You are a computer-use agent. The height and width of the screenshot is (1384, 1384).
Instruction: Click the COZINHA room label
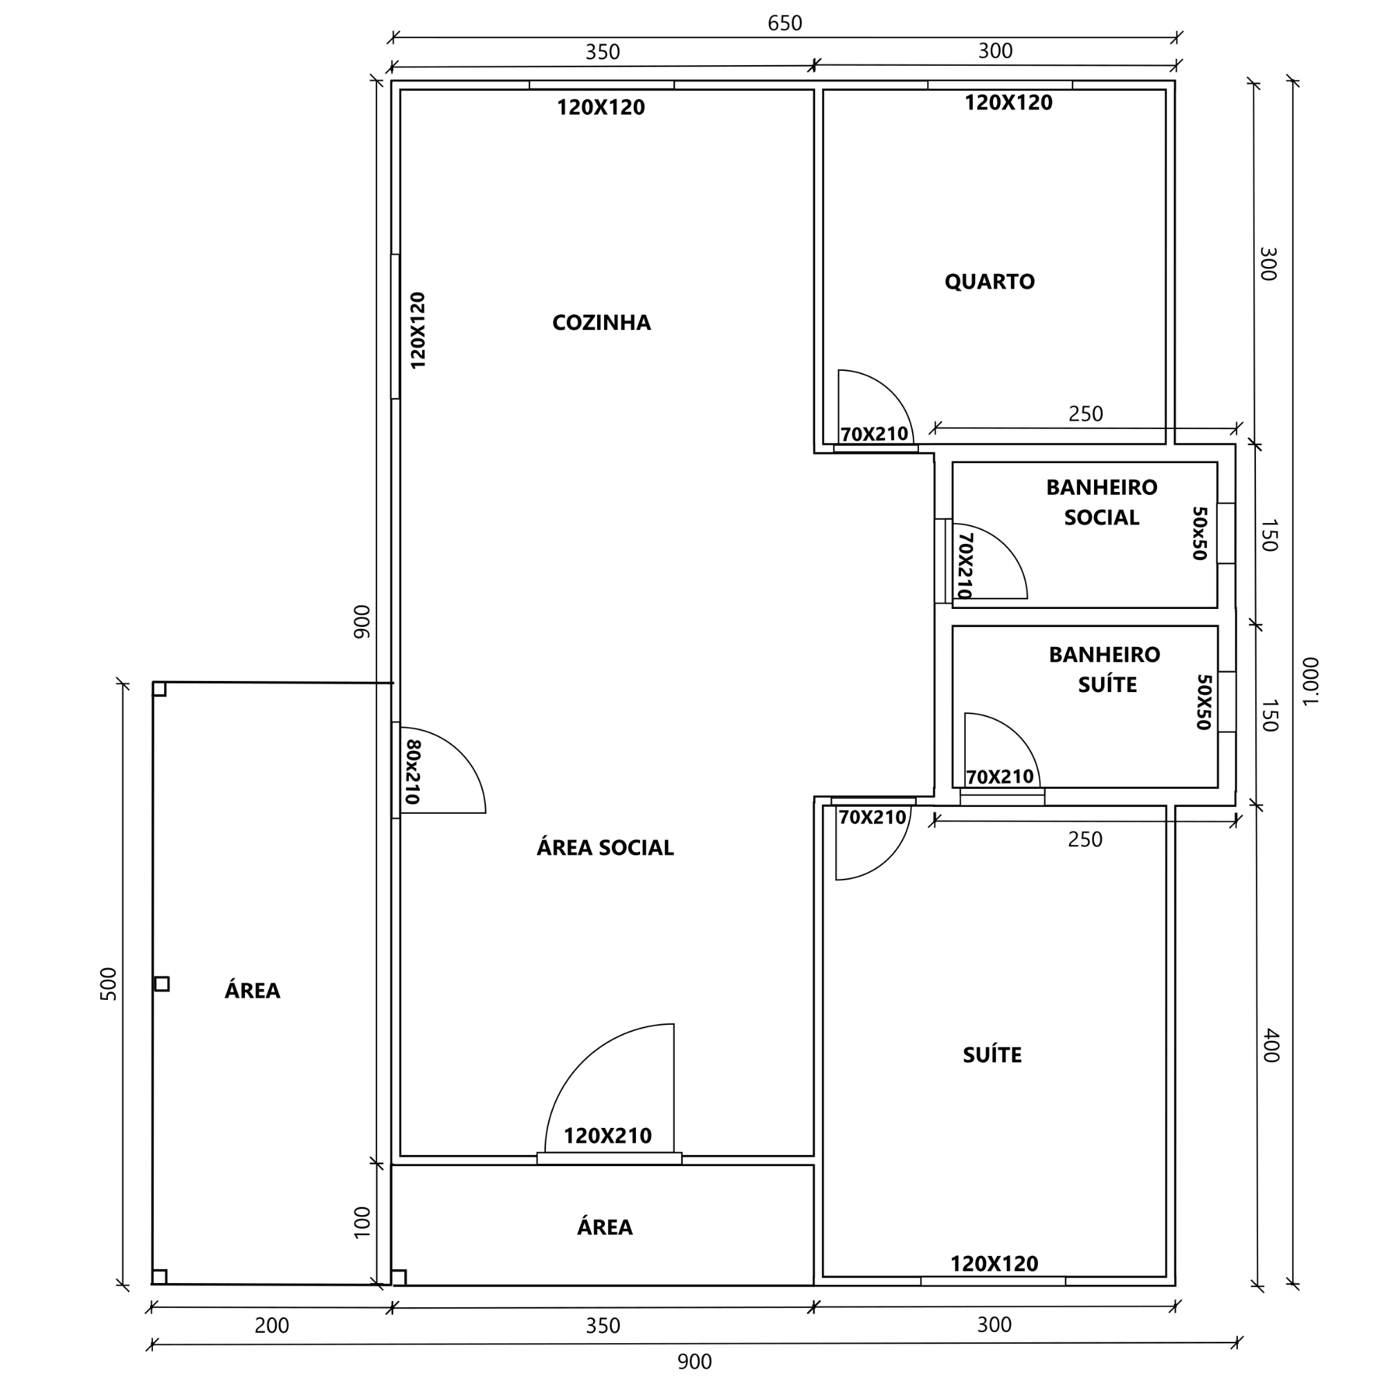click(x=601, y=322)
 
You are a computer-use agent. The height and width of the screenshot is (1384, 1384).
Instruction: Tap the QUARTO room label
click(x=990, y=282)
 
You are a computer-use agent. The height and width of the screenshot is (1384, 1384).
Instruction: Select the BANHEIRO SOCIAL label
click(x=1102, y=502)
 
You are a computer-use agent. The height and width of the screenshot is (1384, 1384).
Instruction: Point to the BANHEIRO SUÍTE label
click(x=1104, y=669)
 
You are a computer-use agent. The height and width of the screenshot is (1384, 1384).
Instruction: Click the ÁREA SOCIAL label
click(x=605, y=848)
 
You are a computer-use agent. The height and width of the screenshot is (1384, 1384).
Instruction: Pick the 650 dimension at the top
click(x=785, y=24)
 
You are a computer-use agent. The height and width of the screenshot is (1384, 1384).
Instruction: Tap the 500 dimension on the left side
click(x=108, y=983)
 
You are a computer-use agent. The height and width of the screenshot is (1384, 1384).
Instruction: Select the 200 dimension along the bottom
click(x=272, y=1325)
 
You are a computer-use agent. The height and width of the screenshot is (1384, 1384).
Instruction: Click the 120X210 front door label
click(x=608, y=1136)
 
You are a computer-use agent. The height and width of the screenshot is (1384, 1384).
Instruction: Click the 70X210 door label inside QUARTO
click(x=874, y=434)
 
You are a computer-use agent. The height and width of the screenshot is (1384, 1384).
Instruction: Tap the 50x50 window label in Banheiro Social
click(x=1200, y=533)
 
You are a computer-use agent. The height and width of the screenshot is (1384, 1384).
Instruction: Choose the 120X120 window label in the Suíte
click(x=994, y=1264)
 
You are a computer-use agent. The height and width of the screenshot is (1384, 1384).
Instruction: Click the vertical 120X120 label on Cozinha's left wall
click(x=418, y=330)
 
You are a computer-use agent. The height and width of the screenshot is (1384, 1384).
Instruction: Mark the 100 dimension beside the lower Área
click(x=363, y=1222)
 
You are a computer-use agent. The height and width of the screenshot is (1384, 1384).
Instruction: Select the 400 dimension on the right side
click(x=1270, y=1046)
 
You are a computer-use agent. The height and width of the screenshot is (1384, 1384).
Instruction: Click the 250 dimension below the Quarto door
click(x=1085, y=414)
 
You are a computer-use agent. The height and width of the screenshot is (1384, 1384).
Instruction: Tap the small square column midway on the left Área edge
click(x=162, y=984)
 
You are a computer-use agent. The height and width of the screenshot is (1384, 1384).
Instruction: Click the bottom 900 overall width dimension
click(x=694, y=1362)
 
